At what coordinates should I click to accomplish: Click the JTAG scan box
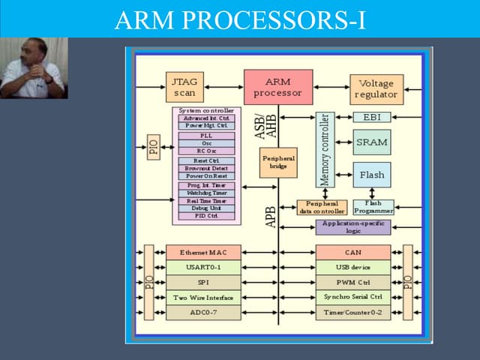pyautogui.click(x=185, y=87)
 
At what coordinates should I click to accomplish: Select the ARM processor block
pyautogui.click(x=277, y=87)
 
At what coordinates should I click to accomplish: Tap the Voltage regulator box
pyautogui.click(x=376, y=89)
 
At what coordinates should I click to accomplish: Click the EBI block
pyautogui.click(x=372, y=118)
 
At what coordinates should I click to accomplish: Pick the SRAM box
pyautogui.click(x=372, y=142)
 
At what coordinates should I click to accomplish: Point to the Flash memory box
pyautogui.click(x=372, y=175)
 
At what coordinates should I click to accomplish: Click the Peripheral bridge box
pyautogui.click(x=278, y=162)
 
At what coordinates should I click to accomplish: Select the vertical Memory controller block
pyautogui.click(x=325, y=150)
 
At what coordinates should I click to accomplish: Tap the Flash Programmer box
pyautogui.click(x=373, y=207)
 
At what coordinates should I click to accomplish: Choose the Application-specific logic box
pyautogui.click(x=353, y=226)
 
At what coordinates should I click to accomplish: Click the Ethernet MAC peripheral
pyautogui.click(x=203, y=253)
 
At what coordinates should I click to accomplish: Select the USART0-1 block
pyautogui.click(x=203, y=267)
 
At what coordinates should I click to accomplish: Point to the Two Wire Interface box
pyautogui.click(x=203, y=297)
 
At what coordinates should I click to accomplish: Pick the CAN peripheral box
pyautogui.click(x=352, y=253)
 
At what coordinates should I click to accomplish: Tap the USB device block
pyautogui.click(x=352, y=267)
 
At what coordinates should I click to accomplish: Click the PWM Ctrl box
pyautogui.click(x=352, y=282)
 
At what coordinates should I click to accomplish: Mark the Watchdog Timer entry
pyautogui.click(x=206, y=193)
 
